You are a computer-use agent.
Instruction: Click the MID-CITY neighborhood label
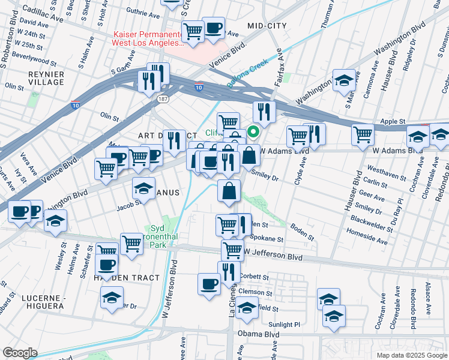(267, 26)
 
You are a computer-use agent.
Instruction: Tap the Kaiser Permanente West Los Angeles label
(148, 38)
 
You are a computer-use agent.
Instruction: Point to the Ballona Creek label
(247, 79)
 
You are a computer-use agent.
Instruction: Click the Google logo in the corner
(20, 353)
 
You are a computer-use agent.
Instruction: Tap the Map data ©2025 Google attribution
(411, 355)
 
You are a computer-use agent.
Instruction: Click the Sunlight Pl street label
(284, 324)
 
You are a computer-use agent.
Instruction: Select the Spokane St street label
(267, 238)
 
